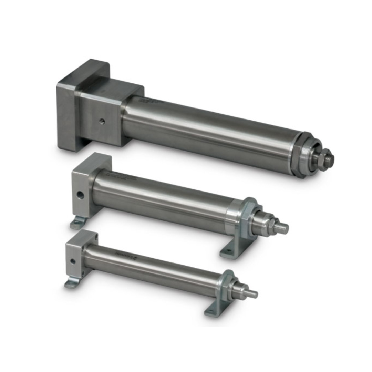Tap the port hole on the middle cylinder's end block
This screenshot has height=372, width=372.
pos(80,195)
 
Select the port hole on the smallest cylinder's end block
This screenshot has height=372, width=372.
pos(73,261)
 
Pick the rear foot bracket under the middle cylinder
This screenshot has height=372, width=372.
pos(78,223)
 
